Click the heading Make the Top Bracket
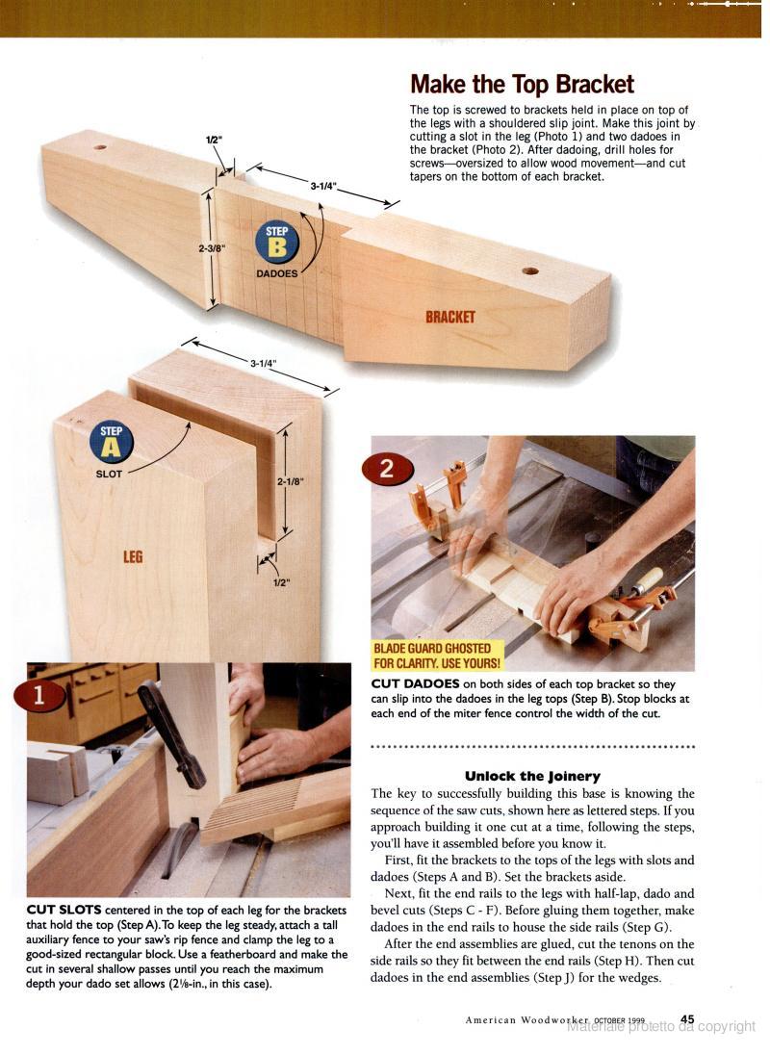point(522,85)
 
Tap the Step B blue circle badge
point(276,243)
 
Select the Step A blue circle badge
point(111,441)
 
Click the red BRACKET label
point(450,317)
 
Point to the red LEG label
point(133,556)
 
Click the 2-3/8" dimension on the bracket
point(212,248)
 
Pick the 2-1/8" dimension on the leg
point(291,481)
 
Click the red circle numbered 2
point(386,469)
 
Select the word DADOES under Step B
point(277,273)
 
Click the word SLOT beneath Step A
point(109,474)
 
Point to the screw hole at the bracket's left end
point(100,146)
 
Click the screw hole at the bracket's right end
point(530,271)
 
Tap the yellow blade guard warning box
point(437,656)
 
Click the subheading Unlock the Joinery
point(531,777)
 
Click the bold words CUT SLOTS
point(64,911)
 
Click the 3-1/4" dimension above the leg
point(264,363)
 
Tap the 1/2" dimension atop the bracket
point(213,140)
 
